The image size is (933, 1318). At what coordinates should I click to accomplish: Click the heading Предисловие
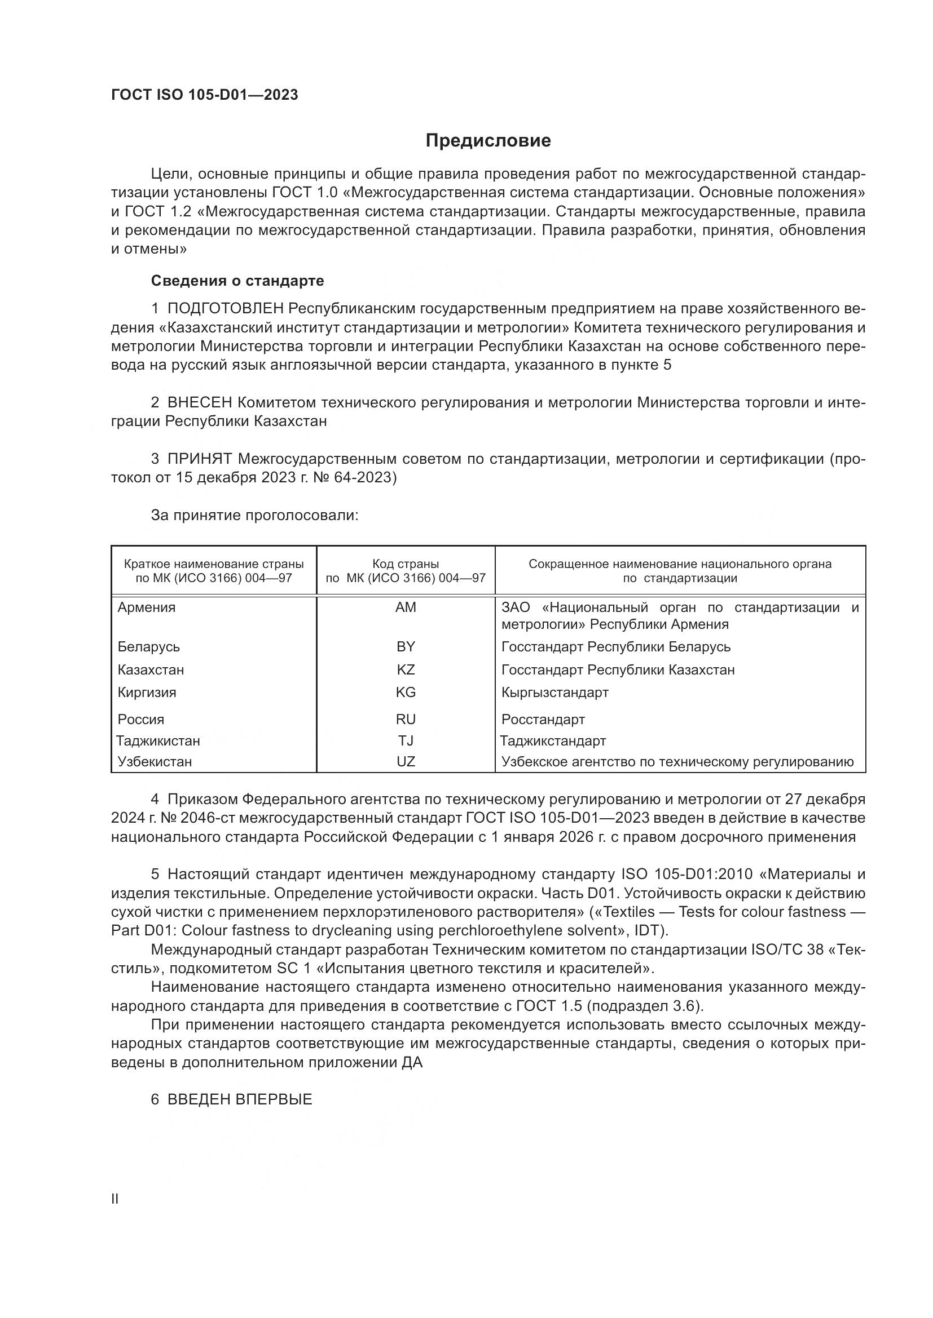pyautogui.click(x=488, y=141)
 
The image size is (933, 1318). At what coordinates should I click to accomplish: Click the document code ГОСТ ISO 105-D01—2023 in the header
pyautogui.click(x=205, y=95)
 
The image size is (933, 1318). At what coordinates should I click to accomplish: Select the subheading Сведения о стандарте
pyautogui.click(x=237, y=281)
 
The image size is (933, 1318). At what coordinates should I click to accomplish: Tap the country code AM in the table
pyautogui.click(x=406, y=607)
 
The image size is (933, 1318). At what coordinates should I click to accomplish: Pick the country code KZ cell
pyautogui.click(x=406, y=670)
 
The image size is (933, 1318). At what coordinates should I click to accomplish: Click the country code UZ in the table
pyautogui.click(x=406, y=762)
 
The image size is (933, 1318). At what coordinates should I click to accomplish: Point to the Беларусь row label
pyautogui.click(x=149, y=647)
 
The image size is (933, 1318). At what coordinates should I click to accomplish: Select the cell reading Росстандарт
pyautogui.click(x=543, y=719)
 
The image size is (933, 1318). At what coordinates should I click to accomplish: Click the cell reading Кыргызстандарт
pyautogui.click(x=555, y=693)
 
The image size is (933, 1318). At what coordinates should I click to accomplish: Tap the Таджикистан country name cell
pyautogui.click(x=159, y=741)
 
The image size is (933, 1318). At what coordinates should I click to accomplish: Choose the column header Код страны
pyautogui.click(x=406, y=564)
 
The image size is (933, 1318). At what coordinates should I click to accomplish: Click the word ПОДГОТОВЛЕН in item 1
pyautogui.click(x=226, y=309)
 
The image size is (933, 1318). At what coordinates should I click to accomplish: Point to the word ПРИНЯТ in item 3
pyautogui.click(x=199, y=459)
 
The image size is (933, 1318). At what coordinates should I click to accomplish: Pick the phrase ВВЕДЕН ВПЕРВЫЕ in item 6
pyautogui.click(x=240, y=1099)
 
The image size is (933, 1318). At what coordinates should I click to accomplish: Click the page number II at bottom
pyautogui.click(x=115, y=1199)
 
